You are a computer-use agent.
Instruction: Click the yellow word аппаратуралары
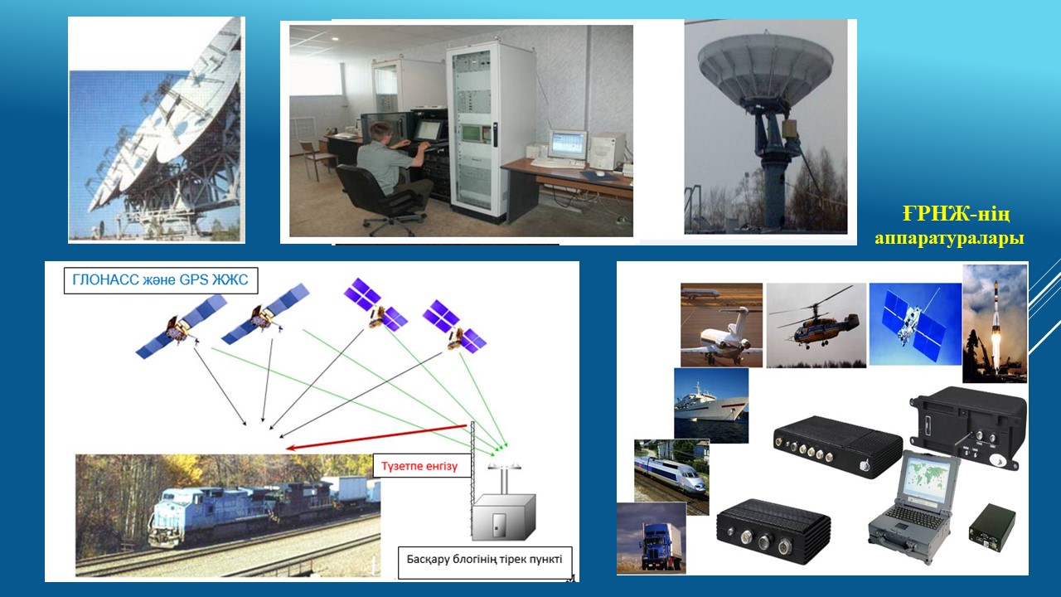point(949,237)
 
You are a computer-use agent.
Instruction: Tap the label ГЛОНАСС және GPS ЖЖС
point(160,280)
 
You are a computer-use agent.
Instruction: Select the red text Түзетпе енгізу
point(419,466)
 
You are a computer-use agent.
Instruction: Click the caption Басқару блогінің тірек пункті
point(484,559)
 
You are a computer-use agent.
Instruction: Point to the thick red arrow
point(376,437)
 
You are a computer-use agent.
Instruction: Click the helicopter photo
point(816,326)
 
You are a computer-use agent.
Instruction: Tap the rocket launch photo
point(996,323)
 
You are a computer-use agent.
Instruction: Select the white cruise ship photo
point(711,405)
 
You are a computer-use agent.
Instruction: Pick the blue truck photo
point(652,538)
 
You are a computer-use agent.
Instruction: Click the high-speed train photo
point(671,477)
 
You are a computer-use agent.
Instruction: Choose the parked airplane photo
point(721,325)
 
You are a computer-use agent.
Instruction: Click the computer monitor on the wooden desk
point(568,144)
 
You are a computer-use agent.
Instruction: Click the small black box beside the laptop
point(992,528)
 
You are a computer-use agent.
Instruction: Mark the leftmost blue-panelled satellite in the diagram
point(181,326)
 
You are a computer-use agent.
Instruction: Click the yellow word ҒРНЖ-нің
point(956,214)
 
